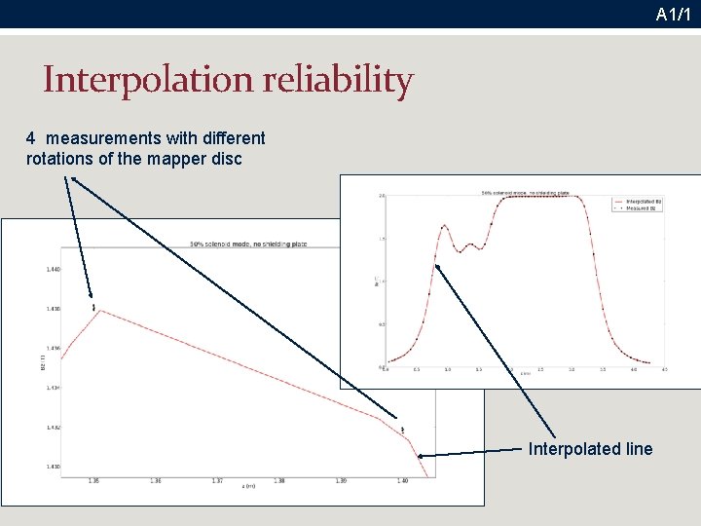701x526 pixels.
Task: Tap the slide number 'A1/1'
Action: click(x=673, y=15)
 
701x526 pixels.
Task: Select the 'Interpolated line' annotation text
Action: click(x=590, y=449)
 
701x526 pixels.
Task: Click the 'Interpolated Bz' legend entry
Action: click(x=640, y=201)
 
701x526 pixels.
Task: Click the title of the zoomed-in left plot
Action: click(x=248, y=244)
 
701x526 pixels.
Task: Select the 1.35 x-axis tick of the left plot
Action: click(x=93, y=481)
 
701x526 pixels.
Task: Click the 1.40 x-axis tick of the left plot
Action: click(x=402, y=481)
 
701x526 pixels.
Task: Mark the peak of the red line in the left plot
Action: click(x=101, y=311)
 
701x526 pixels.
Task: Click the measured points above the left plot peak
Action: click(x=93, y=307)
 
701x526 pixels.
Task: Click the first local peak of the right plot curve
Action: click(x=444, y=226)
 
